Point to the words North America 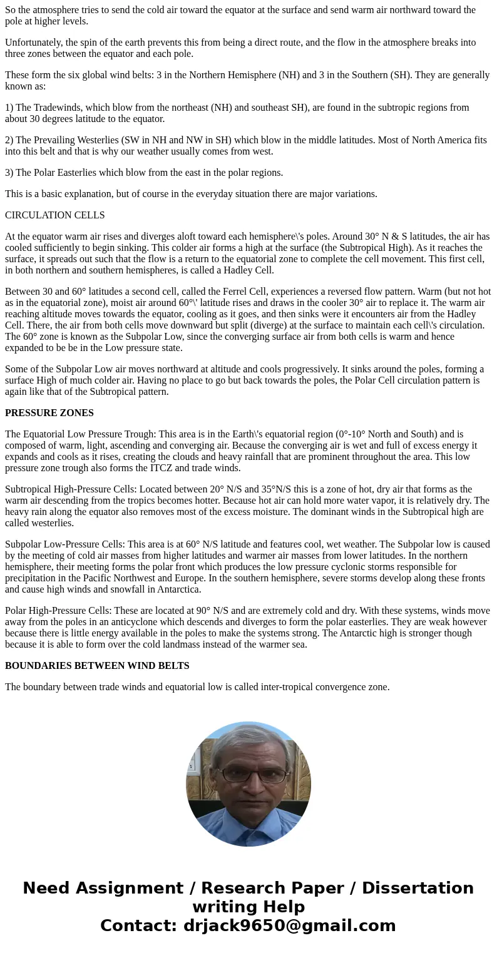(x=429, y=140)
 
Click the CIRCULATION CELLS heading (x=55, y=215)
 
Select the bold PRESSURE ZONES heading (x=49, y=413)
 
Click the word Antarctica (x=179, y=589)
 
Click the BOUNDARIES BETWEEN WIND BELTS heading (x=97, y=666)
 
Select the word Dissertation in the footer (x=418, y=889)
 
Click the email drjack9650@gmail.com (x=289, y=926)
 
